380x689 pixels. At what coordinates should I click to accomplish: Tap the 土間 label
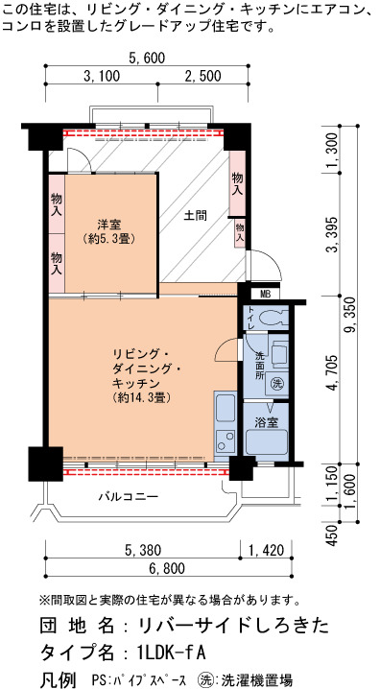195,216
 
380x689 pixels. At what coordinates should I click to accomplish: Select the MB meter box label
265,294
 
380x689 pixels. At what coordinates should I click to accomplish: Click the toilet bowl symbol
272,318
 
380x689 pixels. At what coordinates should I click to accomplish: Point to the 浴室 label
266,423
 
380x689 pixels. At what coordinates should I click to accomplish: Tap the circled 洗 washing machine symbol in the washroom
276,382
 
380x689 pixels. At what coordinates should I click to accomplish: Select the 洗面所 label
261,365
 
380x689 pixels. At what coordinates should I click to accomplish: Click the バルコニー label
129,496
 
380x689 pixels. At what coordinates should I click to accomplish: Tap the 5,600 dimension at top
147,58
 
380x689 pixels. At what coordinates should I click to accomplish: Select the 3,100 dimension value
102,76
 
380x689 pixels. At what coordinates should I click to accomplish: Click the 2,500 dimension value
202,76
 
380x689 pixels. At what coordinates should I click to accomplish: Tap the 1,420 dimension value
266,549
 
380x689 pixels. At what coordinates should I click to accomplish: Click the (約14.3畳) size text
141,397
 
